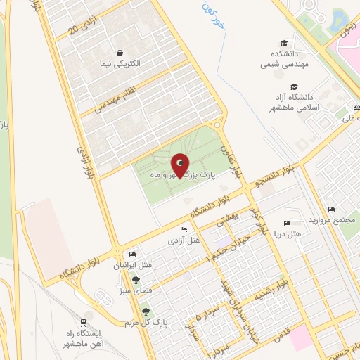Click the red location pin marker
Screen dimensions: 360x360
pos(180,167)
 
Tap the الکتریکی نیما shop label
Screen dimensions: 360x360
pos(120,63)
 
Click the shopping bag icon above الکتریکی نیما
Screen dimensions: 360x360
pos(120,53)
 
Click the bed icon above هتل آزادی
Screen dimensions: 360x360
pos(184,230)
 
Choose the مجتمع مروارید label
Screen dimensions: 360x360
pos(333,220)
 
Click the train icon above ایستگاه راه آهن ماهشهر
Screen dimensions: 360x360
pos(88,316)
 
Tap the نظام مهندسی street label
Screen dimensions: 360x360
pos(108,100)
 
